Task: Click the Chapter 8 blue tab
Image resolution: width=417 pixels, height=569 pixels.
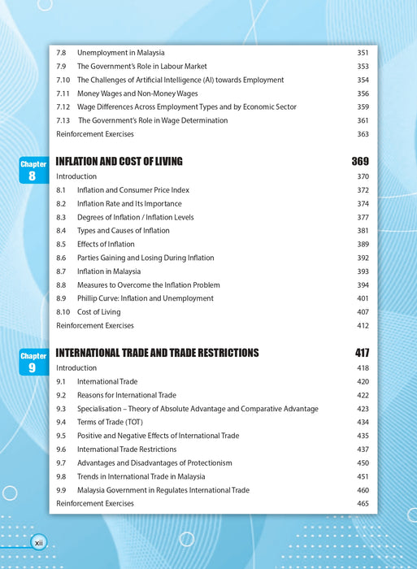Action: [x=33, y=170]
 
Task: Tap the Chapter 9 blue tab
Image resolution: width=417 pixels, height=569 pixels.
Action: [x=33, y=362]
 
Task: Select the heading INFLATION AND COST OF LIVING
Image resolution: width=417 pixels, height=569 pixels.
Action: [x=119, y=161]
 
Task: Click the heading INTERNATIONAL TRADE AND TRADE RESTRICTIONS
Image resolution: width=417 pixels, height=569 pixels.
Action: [x=157, y=353]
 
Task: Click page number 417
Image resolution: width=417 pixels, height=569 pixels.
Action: [x=362, y=353]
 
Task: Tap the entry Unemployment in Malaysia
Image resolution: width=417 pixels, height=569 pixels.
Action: [x=120, y=53]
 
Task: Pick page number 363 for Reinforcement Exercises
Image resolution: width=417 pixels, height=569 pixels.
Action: [x=363, y=134]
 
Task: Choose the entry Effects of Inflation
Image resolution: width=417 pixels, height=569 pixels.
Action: [x=106, y=244]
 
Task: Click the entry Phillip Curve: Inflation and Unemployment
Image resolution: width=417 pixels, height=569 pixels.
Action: [x=146, y=298]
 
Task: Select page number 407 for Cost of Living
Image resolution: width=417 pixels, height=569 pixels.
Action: [x=363, y=312]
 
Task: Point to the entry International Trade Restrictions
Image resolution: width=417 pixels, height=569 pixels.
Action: [x=127, y=450]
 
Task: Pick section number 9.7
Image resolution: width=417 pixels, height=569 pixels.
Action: [x=61, y=463]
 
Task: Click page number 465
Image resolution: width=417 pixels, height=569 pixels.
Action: [x=363, y=504]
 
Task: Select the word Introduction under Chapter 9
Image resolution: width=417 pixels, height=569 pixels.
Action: [x=76, y=367]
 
